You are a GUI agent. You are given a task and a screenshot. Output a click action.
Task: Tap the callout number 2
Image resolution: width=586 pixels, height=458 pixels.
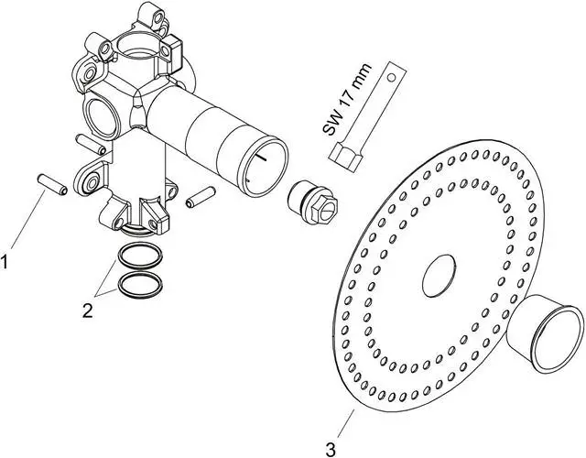point(87,311)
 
